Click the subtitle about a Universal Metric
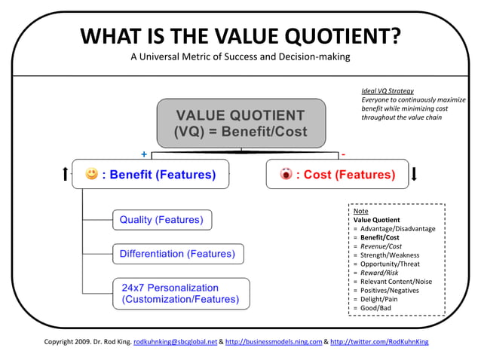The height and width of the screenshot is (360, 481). point(240,57)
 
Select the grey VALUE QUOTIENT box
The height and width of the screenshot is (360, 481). point(240,124)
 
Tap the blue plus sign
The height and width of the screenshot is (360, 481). point(144,154)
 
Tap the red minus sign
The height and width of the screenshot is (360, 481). point(343,154)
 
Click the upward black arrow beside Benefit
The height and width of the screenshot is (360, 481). point(66,175)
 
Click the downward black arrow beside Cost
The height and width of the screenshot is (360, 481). point(415,175)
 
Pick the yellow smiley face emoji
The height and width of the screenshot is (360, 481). point(92,175)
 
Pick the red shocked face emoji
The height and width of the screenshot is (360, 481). point(286,175)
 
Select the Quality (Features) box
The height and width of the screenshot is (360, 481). point(161,220)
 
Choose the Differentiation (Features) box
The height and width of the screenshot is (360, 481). point(177,254)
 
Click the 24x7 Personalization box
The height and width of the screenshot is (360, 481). point(180,293)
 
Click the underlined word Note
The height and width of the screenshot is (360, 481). point(360,212)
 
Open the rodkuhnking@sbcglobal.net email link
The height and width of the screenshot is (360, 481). point(174,341)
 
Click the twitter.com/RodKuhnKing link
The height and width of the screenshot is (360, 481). point(379,341)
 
